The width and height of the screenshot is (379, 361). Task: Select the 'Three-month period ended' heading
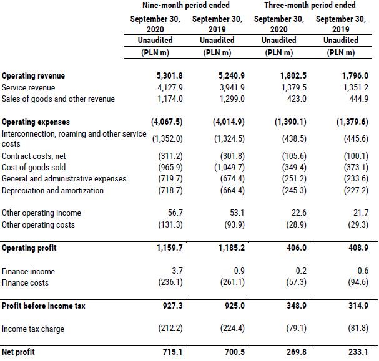point(310,6)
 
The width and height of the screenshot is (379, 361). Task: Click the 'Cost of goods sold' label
point(34,167)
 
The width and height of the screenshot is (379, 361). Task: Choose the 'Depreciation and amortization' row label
point(53,190)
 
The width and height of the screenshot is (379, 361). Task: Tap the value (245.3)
point(292,190)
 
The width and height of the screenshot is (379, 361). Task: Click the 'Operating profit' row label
point(29,248)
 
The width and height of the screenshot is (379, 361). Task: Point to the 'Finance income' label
point(29,271)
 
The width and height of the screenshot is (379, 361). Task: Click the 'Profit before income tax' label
point(44,306)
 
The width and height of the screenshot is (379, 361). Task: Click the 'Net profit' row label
point(19,352)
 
